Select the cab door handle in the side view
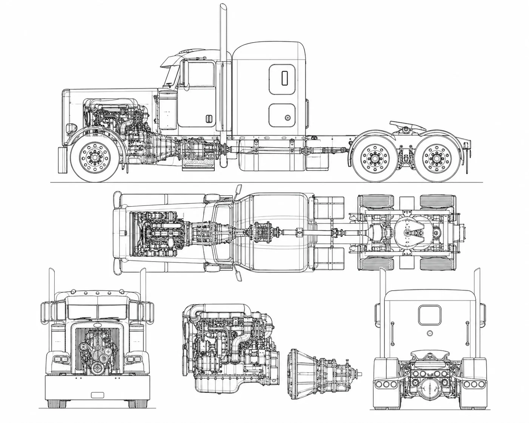point(208,119)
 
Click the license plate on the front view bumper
point(97,395)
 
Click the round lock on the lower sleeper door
point(288,117)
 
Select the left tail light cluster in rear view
point(384,384)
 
